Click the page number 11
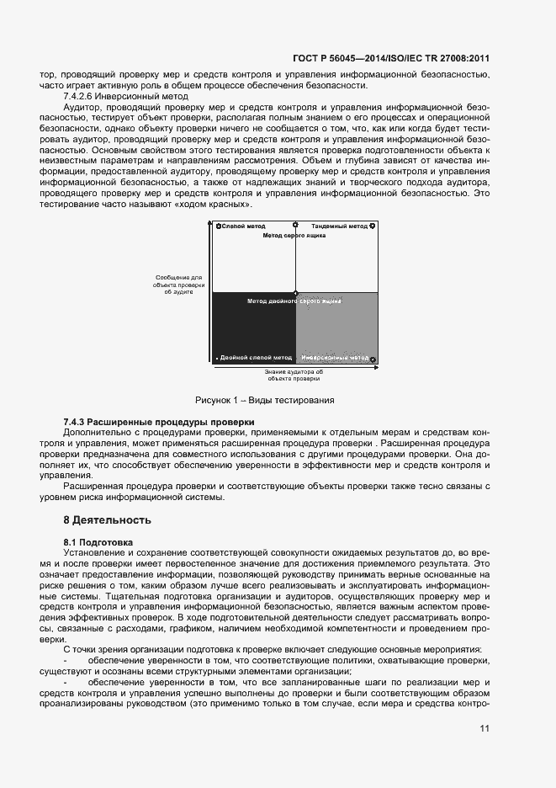click(484, 729)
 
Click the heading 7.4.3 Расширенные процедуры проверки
click(158, 422)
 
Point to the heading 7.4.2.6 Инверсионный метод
click(125, 97)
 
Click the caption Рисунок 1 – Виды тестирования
click(265, 400)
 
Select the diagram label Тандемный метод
click(339, 226)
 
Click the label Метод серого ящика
click(294, 237)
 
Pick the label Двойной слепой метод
click(256, 358)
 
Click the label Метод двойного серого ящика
click(294, 301)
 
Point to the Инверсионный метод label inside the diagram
click(335, 358)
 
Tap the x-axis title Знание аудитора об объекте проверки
click(294, 375)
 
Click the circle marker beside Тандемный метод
click(373, 226)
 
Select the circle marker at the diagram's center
click(295, 292)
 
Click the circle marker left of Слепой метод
click(219, 226)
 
